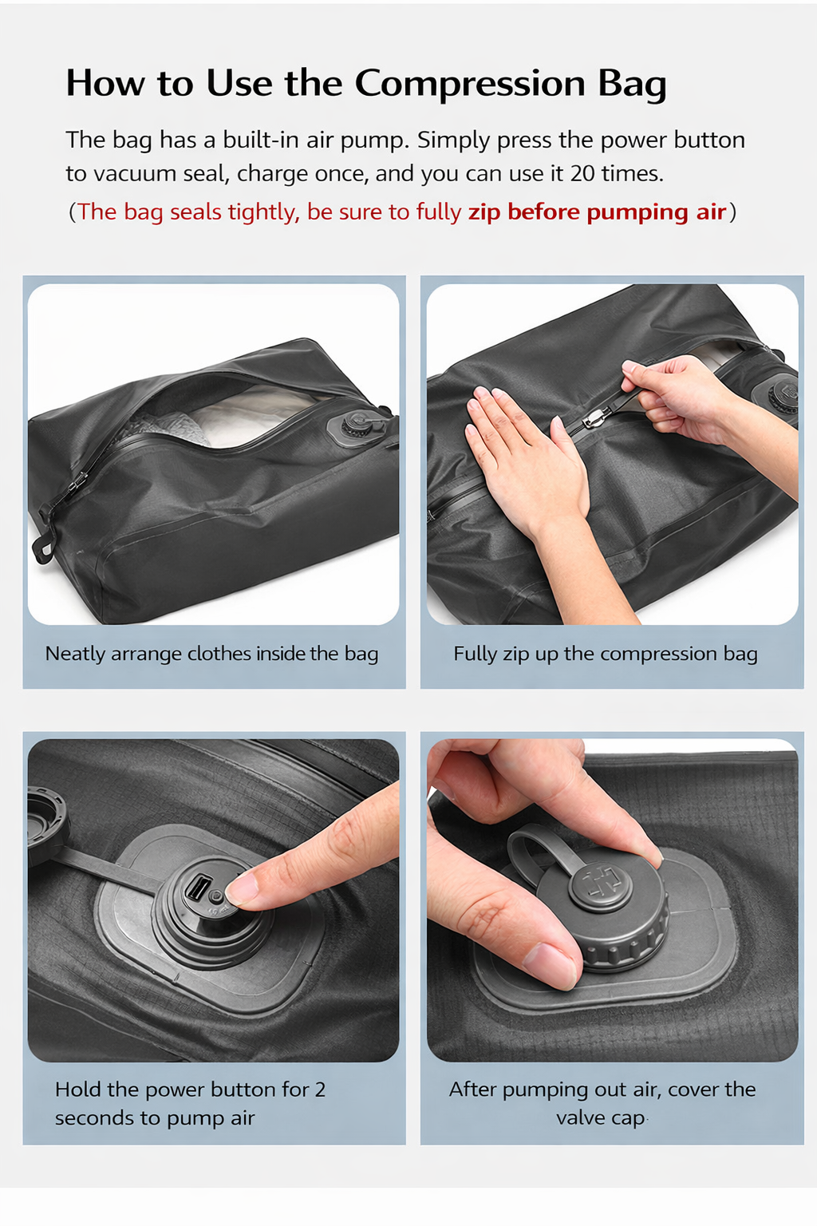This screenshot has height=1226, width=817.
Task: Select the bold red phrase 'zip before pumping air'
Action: (x=597, y=212)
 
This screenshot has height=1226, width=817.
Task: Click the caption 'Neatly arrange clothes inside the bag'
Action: (x=211, y=654)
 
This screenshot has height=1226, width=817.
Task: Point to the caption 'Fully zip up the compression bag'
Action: (x=606, y=654)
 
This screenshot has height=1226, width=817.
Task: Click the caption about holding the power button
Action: (x=191, y=1103)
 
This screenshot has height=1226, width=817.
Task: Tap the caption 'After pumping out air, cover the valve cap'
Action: (x=602, y=1103)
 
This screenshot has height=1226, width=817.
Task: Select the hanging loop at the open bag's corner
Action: (x=43, y=548)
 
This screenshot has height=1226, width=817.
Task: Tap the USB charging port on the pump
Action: (x=198, y=887)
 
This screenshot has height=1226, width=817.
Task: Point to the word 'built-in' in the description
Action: (x=260, y=140)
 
